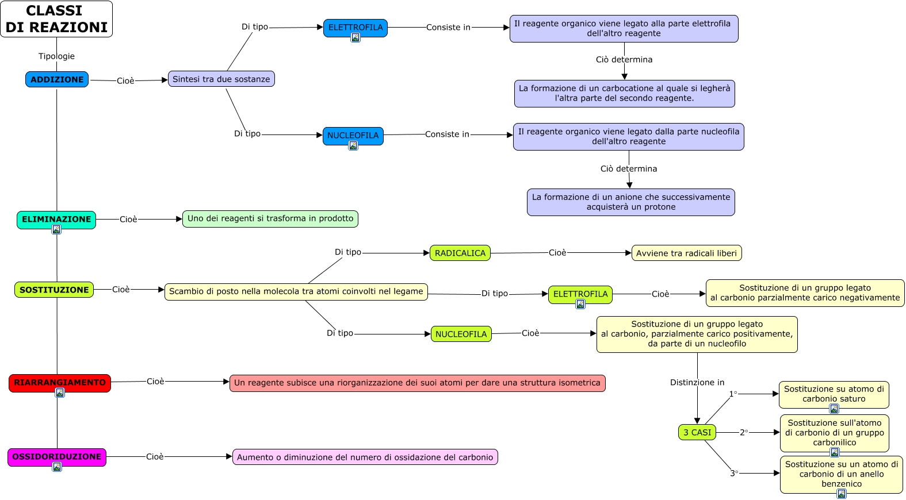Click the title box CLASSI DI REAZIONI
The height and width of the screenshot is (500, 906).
tap(56, 19)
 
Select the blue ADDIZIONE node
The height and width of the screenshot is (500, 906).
tap(57, 79)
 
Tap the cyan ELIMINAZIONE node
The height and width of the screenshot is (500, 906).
tap(56, 219)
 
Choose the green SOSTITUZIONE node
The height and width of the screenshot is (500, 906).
tap(54, 290)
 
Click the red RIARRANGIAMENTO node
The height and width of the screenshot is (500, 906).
tap(60, 382)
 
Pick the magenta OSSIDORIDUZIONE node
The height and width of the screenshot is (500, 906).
tap(57, 456)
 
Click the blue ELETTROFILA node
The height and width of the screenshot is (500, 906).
tap(355, 27)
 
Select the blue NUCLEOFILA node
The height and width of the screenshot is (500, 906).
tap(353, 135)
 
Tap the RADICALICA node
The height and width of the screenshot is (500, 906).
tap(460, 253)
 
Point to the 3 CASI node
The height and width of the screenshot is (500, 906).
tap(697, 432)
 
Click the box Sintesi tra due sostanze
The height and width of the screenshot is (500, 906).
tap(221, 79)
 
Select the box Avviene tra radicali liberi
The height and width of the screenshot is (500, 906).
tap(686, 253)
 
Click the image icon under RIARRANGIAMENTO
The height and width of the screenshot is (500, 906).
tap(60, 393)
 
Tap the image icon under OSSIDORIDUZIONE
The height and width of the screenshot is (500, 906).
tap(57, 467)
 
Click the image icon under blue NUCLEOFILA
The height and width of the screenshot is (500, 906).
tap(353, 145)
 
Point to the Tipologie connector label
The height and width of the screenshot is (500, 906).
tap(56, 56)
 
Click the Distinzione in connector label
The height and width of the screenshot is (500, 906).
tap(697, 382)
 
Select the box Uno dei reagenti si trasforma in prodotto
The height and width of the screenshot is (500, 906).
tap(270, 218)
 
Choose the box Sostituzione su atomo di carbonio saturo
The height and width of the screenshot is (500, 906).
tap(834, 394)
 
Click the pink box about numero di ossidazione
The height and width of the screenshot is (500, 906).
tap(365, 457)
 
